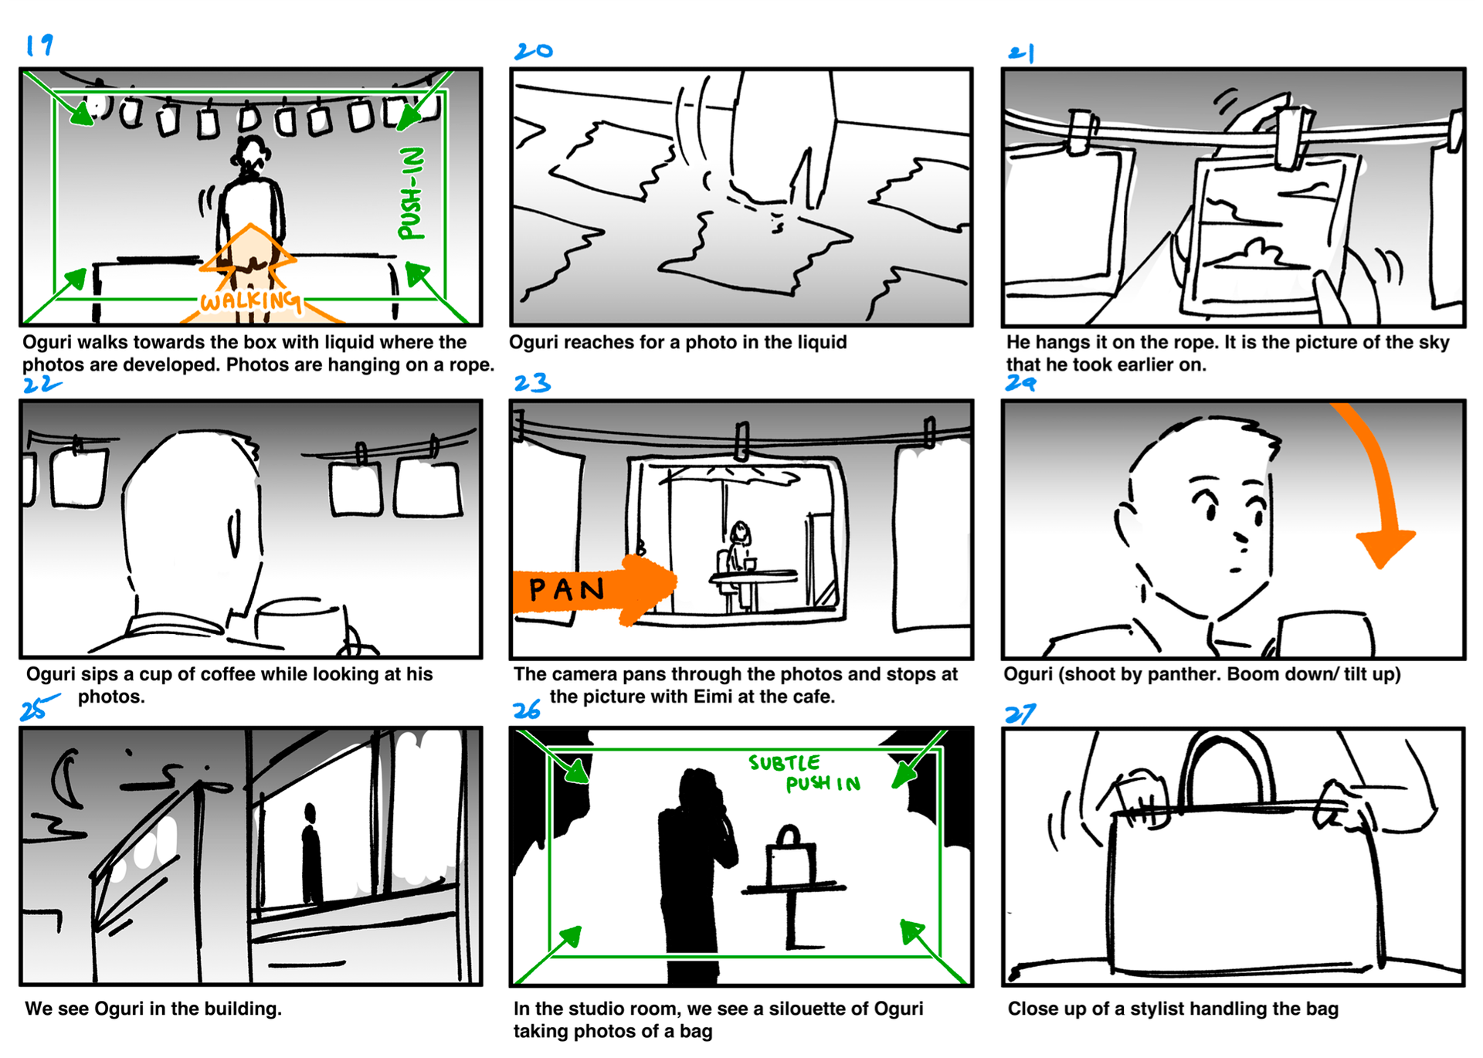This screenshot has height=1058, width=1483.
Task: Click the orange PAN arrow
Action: click(x=595, y=590)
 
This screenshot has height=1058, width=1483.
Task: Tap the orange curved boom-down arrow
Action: click(x=1383, y=487)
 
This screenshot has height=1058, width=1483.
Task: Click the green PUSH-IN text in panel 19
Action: click(x=412, y=193)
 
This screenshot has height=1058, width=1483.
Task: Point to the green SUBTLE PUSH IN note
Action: click(x=805, y=773)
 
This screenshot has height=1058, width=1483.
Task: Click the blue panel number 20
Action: click(x=534, y=51)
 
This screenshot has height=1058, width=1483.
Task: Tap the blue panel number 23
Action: click(x=532, y=382)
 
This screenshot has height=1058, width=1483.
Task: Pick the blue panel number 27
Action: click(x=1020, y=714)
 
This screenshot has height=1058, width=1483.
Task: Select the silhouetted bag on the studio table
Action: click(x=790, y=856)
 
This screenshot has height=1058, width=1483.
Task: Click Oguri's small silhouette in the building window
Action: click(x=311, y=853)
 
